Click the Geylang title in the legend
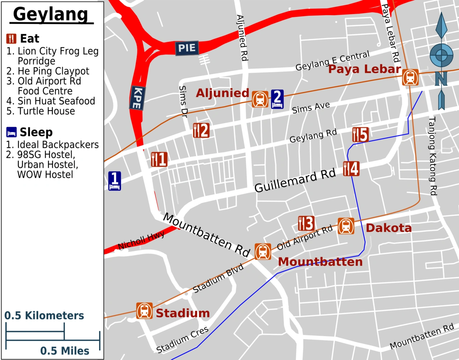pyautogui.click(x=51, y=15)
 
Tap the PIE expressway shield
pyautogui.click(x=187, y=48)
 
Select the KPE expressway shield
pyautogui.click(x=137, y=98)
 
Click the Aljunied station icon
pyautogui.click(x=260, y=99)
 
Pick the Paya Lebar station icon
pyautogui.click(x=410, y=77)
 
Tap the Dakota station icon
pyautogui.click(x=346, y=226)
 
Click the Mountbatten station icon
pyautogui.click(x=263, y=251)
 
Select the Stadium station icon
pyautogui.click(x=144, y=311)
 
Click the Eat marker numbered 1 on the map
pyautogui.click(x=159, y=159)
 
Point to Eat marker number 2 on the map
pyautogui.click(x=201, y=131)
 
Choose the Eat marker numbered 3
pyautogui.click(x=306, y=224)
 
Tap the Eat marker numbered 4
pyautogui.click(x=351, y=169)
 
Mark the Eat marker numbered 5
pyautogui.click(x=360, y=135)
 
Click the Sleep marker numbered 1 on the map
pyautogui.click(x=114, y=181)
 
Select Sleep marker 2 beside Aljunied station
pyautogui.click(x=277, y=99)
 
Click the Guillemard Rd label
pyautogui.click(x=295, y=180)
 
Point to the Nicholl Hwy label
pyautogui.click(x=141, y=240)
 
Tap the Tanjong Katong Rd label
pyautogui.click(x=433, y=156)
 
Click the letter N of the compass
pyautogui.click(x=441, y=78)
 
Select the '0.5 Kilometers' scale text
pyautogui.click(x=44, y=316)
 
